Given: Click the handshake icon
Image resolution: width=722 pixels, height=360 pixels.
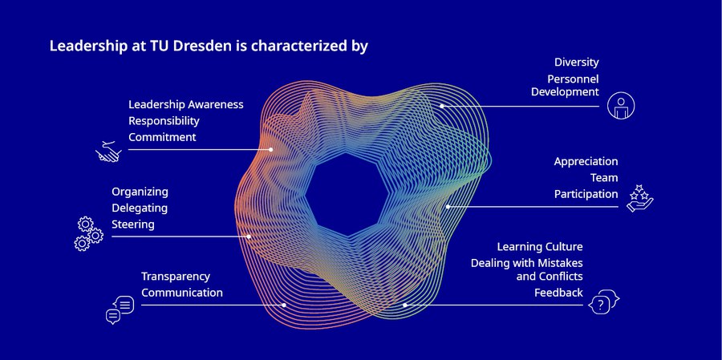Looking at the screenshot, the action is pos(108,152).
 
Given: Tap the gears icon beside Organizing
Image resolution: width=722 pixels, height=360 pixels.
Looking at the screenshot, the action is pos(88,234).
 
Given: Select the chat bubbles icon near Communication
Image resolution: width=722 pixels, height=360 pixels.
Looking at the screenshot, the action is pos(120,309).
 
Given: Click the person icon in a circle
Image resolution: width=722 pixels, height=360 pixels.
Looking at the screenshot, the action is pos(621,106).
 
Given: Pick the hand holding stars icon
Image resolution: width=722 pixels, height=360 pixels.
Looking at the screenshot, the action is pos(640,198).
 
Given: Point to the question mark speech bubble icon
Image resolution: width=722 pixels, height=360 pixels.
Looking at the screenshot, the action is pos(603,302).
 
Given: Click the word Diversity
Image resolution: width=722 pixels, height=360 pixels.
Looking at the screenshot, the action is pos(577,63).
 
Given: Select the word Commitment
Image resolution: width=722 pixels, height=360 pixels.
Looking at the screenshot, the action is pos(162,137).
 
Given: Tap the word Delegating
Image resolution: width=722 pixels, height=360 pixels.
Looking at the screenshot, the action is pos(140,208).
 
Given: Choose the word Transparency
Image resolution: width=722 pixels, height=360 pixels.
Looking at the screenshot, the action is pos(176,277).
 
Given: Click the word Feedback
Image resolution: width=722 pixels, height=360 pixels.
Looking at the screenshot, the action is pos(558,293).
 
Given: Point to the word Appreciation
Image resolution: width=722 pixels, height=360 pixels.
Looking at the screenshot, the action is pos(586,162).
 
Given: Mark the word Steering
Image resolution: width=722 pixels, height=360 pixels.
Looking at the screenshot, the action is pos(133,224).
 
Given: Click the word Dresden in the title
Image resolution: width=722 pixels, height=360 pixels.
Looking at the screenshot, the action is pos(202,46).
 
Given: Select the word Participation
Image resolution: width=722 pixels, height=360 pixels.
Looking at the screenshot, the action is pos(586,194).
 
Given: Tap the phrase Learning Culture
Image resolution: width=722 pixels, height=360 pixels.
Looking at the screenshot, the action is pos(540,247).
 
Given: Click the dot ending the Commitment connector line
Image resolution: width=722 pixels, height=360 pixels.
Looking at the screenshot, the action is pos(271,150).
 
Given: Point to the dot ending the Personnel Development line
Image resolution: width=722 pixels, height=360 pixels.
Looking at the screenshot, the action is pos(441,106).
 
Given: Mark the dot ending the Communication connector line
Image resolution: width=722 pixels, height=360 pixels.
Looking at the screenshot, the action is pos(284,305).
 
